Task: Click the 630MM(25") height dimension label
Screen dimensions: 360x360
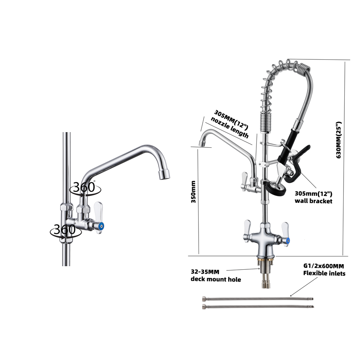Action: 339,140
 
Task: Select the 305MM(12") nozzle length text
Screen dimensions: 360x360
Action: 230,124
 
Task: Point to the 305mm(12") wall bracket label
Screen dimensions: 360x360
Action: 313,197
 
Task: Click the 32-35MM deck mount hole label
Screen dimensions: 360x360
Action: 216,276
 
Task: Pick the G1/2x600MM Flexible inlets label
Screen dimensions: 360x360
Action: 324,270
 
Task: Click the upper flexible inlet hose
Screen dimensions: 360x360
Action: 258,299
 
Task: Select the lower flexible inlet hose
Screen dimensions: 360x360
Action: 258,306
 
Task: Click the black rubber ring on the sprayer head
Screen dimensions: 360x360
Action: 276,188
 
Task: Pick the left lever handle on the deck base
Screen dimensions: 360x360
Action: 247,231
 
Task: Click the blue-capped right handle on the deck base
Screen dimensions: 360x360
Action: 285,234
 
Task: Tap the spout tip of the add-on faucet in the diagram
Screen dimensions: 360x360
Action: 202,143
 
